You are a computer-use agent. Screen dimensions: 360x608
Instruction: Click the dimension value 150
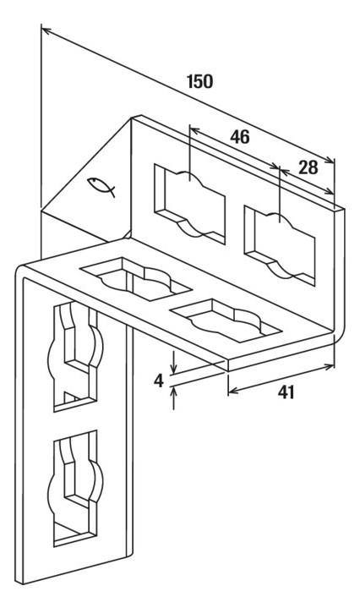[x=199, y=81]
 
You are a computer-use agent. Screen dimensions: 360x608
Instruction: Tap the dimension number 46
[x=240, y=137]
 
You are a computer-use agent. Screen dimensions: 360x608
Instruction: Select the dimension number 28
[x=308, y=167]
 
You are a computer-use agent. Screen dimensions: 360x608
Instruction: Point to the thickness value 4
[x=159, y=381]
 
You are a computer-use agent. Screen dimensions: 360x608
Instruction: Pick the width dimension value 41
[x=286, y=393]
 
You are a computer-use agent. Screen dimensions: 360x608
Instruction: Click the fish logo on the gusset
[x=101, y=186]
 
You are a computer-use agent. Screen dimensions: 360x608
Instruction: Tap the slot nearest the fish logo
[x=189, y=205]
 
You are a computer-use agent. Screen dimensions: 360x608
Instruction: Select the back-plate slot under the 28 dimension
[x=280, y=246]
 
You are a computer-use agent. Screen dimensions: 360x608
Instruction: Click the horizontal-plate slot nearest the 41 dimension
[x=225, y=320]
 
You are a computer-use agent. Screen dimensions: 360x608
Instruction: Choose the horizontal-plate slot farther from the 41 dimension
[x=135, y=278]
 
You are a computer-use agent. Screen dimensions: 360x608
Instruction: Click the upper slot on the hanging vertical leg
[x=76, y=356]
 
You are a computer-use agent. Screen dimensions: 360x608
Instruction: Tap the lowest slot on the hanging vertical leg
[x=76, y=488]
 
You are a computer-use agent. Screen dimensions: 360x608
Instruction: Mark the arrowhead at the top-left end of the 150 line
[x=46, y=30]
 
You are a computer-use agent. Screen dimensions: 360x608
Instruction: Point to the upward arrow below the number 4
[x=173, y=397]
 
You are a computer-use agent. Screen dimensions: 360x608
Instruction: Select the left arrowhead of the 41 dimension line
[x=233, y=392]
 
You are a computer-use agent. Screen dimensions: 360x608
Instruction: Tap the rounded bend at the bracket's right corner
[x=341, y=332]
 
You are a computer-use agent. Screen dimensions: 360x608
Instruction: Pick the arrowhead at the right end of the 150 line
[x=330, y=159]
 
